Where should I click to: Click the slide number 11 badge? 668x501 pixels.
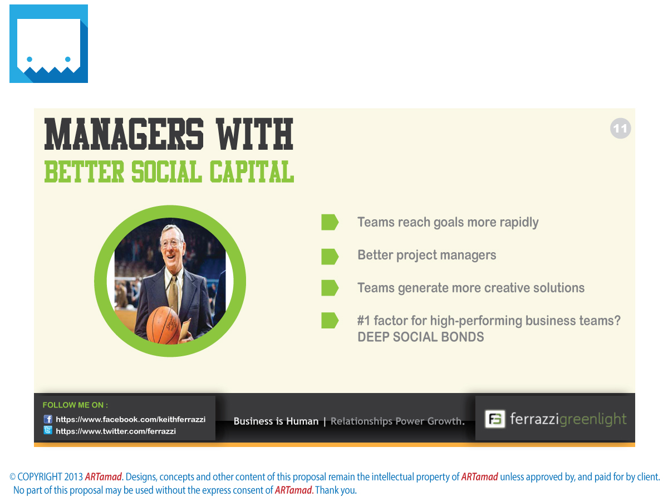tap(620, 128)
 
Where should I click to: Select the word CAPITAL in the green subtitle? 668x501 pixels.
tap(252, 171)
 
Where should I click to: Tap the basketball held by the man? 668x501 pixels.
tap(163, 326)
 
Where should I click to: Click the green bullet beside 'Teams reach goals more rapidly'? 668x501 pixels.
tap(330, 222)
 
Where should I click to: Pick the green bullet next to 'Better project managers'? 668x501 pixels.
tap(330, 257)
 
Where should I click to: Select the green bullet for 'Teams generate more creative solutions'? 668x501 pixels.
tap(330, 288)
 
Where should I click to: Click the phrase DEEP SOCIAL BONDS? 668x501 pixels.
tap(420, 337)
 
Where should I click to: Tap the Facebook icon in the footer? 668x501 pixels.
tap(48, 419)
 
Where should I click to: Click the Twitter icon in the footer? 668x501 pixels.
tap(48, 430)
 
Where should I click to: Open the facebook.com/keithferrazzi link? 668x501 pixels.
tap(131, 419)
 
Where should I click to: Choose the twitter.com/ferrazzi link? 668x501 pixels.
tap(116, 431)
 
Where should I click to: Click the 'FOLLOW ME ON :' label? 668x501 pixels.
tap(75, 405)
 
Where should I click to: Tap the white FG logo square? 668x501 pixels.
tap(494, 419)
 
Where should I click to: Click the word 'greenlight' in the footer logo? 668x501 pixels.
tap(592, 419)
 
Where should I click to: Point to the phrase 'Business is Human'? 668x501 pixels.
tap(276, 421)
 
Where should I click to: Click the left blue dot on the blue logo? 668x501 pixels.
tap(30, 60)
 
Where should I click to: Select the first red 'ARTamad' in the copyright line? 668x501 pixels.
tap(103, 477)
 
